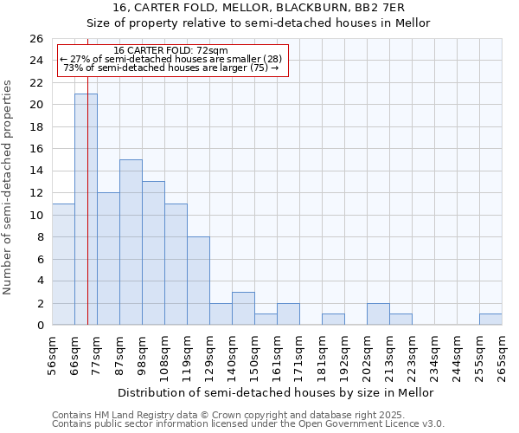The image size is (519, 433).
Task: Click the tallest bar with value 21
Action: [x=86, y=209]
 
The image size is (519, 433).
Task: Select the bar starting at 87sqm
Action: [x=131, y=242]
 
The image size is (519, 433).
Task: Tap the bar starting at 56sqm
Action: [x=63, y=264]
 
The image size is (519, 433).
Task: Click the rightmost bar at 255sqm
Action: [x=490, y=320]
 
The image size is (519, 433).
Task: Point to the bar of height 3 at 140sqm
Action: [x=243, y=308]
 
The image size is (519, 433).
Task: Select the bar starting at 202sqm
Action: [x=378, y=314]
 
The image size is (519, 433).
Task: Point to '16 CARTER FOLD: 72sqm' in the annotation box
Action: [x=170, y=51]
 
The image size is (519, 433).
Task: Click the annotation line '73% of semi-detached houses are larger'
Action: [x=170, y=68]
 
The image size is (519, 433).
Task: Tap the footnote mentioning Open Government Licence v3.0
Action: [x=247, y=423]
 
